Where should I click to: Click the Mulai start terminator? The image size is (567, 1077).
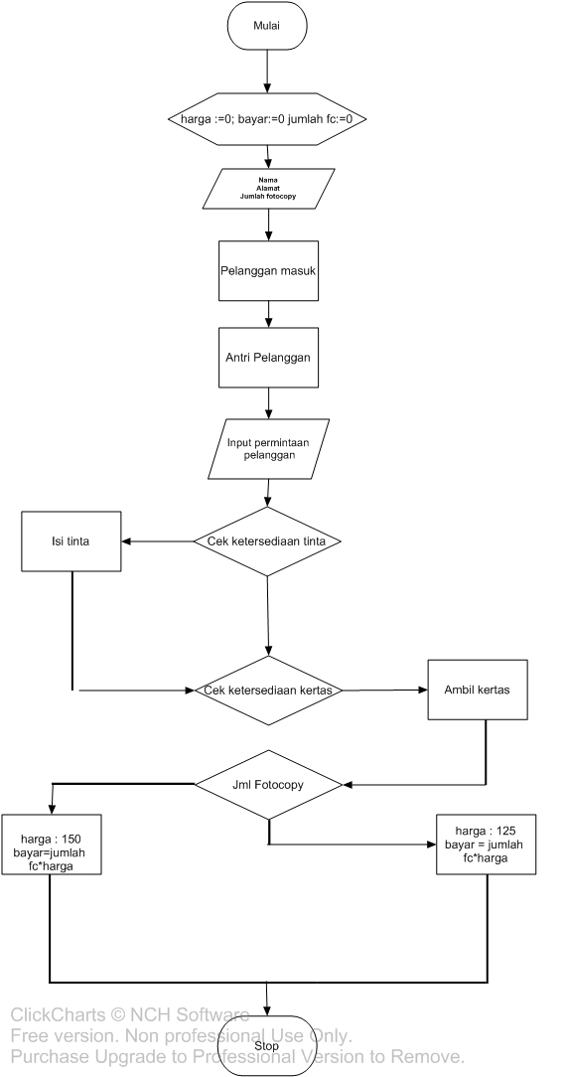point(267,26)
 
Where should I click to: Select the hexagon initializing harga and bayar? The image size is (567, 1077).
point(267,119)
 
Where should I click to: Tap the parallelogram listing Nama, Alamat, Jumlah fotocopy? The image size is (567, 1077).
point(267,189)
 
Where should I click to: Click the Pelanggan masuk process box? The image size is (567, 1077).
point(268,269)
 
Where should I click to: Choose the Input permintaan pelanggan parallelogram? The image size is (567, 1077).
point(268,448)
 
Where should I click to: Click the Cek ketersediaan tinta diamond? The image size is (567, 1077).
point(267,541)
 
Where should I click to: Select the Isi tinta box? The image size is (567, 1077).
point(71,541)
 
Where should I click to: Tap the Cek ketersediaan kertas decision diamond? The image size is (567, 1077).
point(267,690)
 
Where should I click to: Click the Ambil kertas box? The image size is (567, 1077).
point(478,689)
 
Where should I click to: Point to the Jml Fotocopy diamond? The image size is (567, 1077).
point(267,784)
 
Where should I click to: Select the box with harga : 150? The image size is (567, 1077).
point(50,845)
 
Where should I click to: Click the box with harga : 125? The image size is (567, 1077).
point(487,844)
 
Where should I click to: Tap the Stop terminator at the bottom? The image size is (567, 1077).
point(267,1045)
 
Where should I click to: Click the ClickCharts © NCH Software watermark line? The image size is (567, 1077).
point(129,1014)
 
